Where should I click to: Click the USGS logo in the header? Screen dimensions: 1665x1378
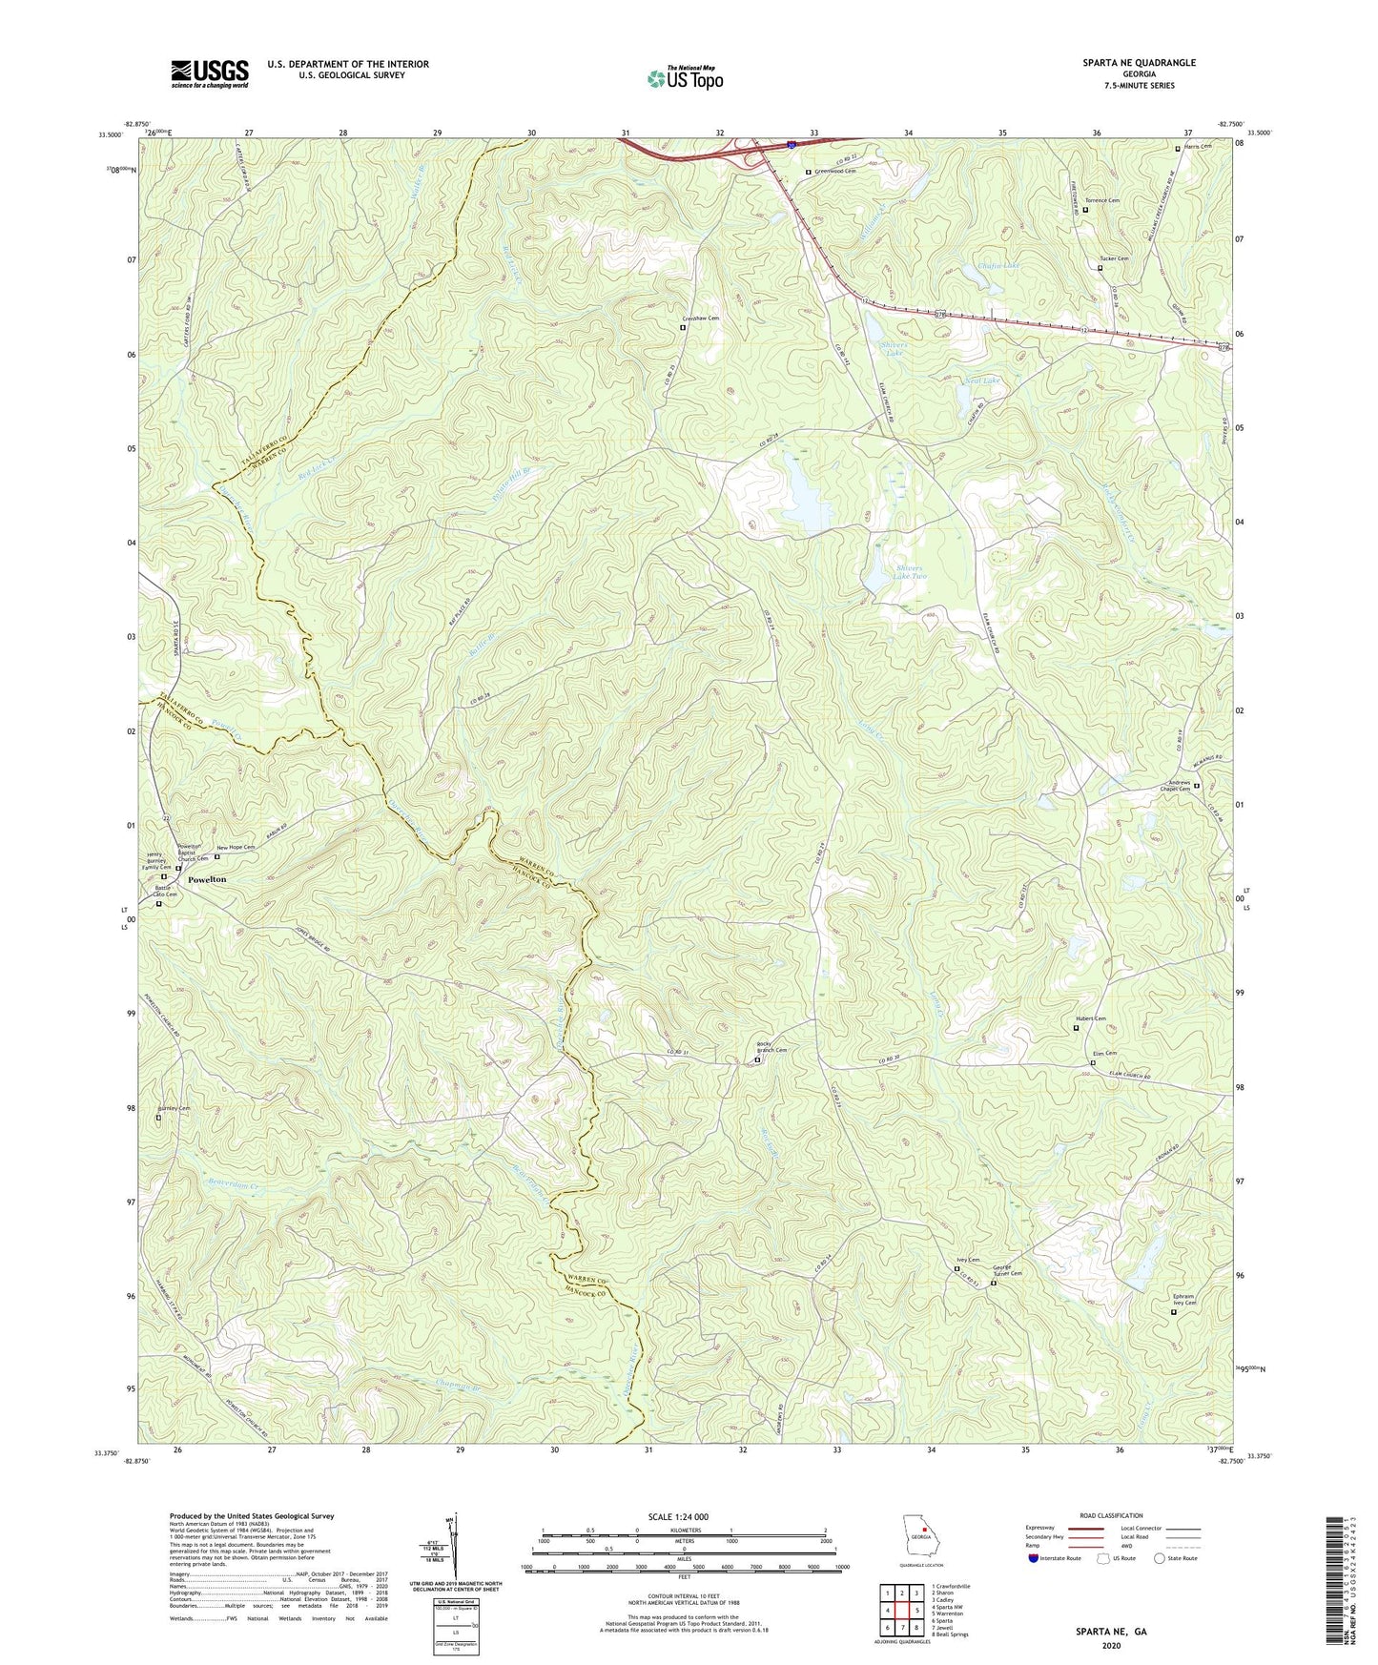210,73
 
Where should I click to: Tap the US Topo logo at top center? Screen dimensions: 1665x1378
684,78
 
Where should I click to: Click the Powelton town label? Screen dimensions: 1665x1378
207,879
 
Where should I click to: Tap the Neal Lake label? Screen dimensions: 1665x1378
982,380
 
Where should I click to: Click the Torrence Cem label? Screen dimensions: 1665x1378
1100,201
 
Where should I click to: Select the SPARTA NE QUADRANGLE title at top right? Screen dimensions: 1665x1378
1139,63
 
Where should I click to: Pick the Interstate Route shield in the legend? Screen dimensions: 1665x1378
1034,1558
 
